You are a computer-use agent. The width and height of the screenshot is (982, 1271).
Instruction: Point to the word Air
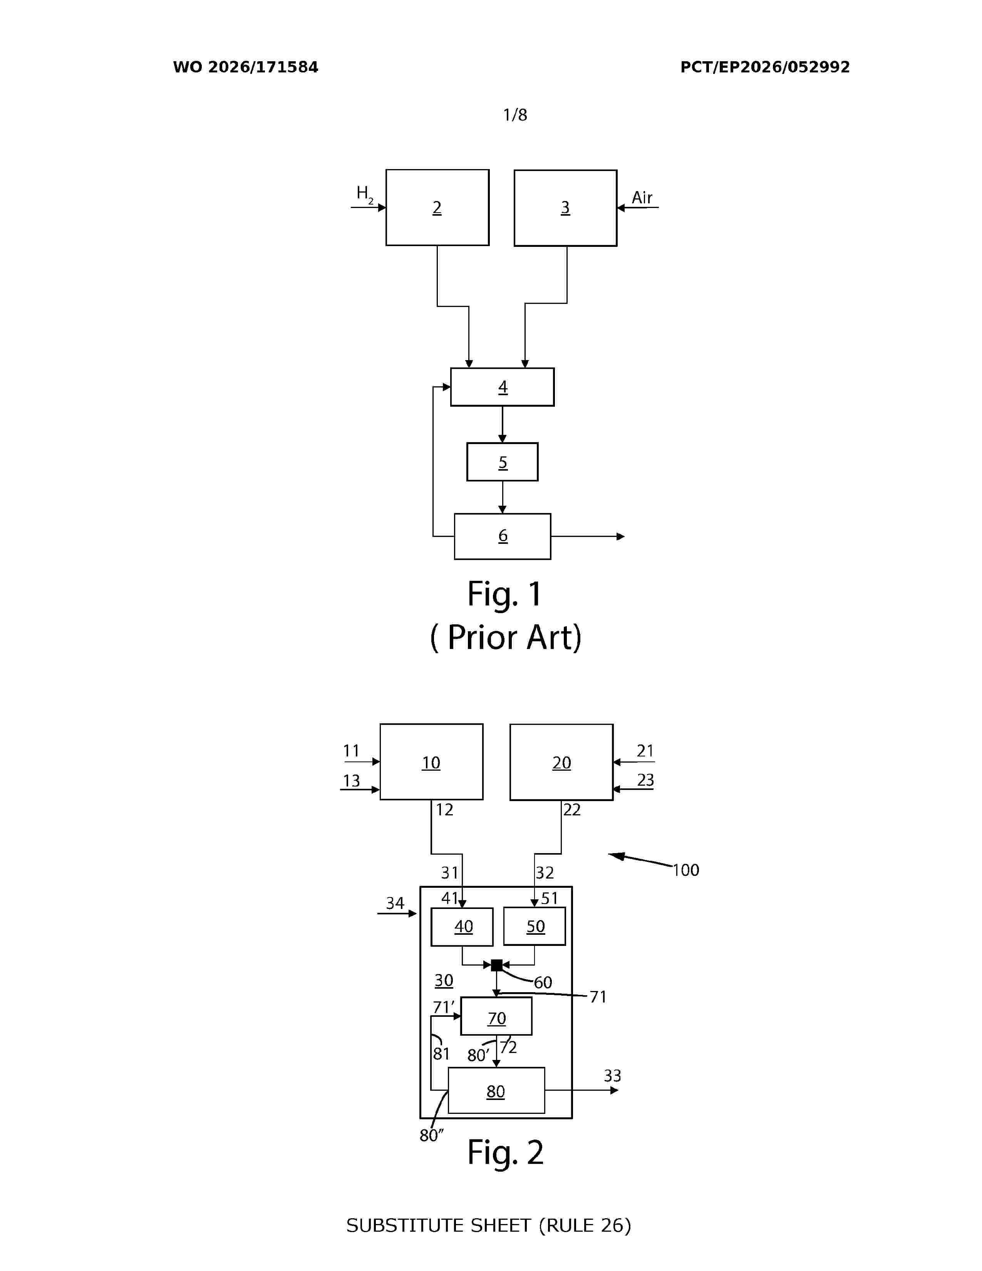[642, 198]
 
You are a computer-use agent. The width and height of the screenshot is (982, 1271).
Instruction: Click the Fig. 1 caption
[505, 594]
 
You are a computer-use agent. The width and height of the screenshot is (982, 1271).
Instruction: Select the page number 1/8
[515, 115]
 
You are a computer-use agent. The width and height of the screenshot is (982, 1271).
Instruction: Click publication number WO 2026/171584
[246, 67]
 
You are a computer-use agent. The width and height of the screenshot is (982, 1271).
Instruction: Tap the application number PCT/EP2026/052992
[765, 67]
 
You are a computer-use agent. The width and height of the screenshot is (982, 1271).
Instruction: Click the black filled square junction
[496, 965]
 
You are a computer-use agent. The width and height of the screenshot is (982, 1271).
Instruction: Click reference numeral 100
[686, 870]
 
